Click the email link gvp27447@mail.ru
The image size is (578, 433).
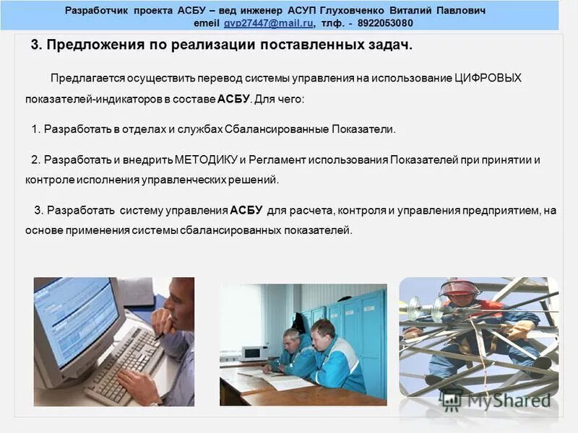point(268,24)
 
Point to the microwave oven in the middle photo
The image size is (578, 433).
point(254,352)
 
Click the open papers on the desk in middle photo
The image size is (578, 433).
point(285,378)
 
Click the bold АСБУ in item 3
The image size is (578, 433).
point(246,211)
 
